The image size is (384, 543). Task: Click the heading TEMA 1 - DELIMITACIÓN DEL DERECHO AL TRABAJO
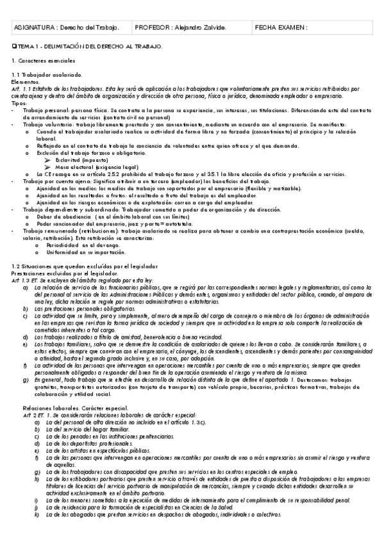click(89, 47)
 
